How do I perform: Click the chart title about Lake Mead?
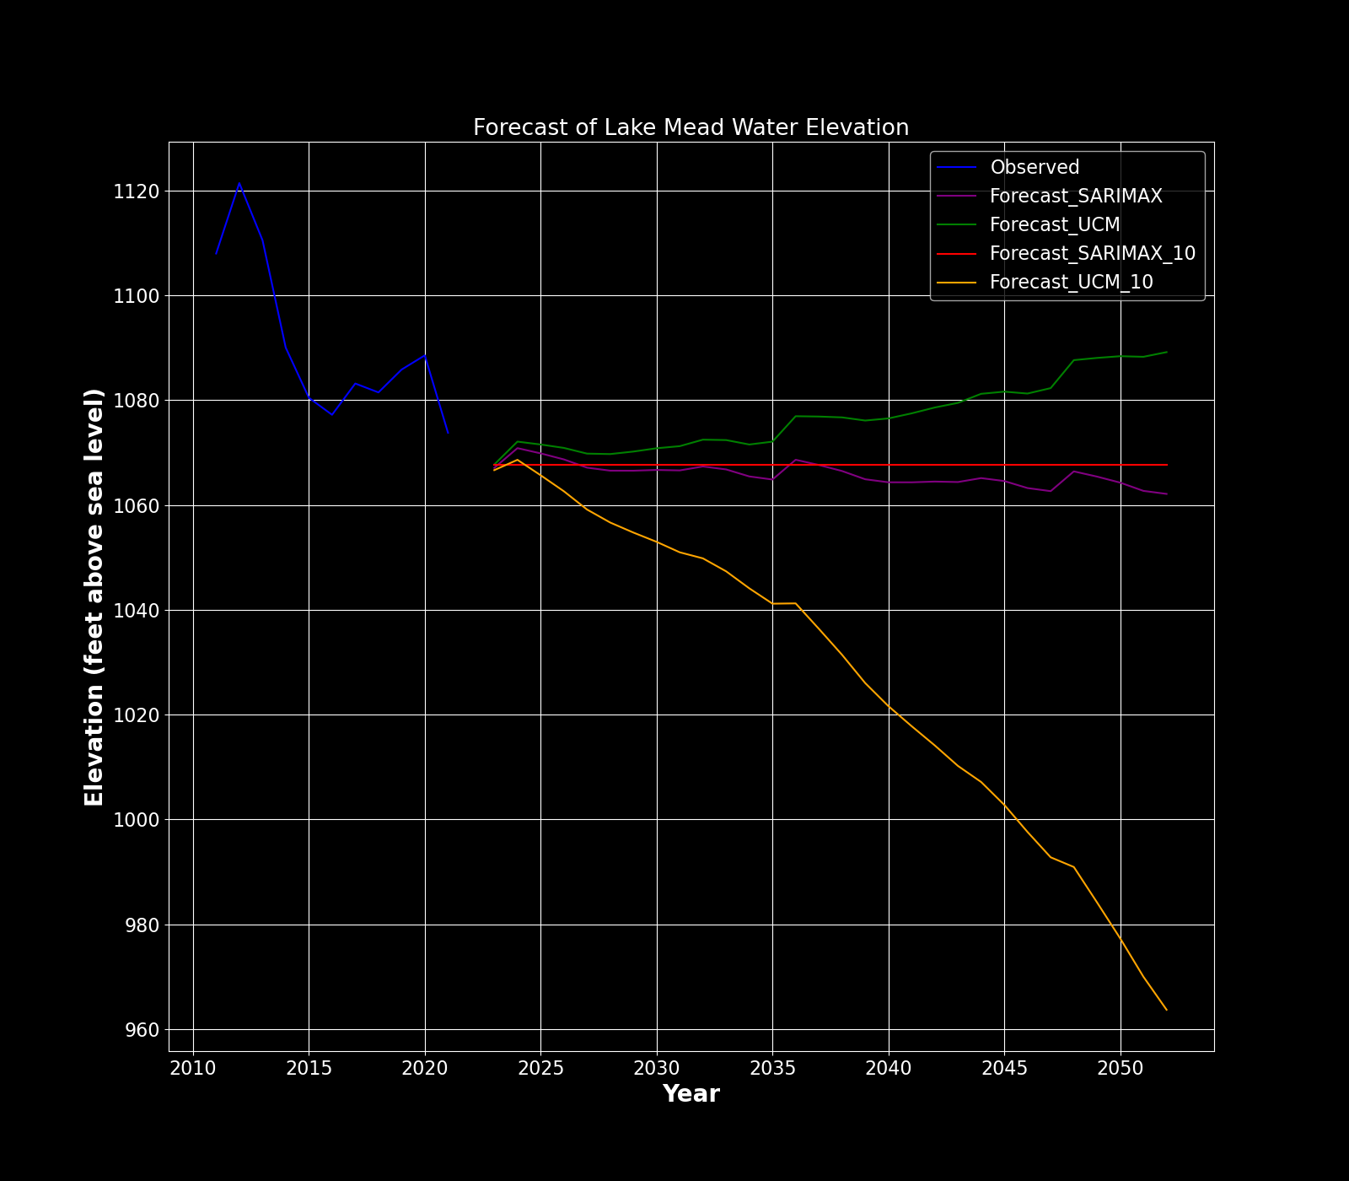pyautogui.click(x=691, y=128)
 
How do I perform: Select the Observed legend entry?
pyautogui.click(x=1034, y=168)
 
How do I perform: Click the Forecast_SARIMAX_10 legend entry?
pyautogui.click(x=1092, y=254)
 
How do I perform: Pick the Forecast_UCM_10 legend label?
pyautogui.click(x=1071, y=283)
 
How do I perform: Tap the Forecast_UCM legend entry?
pyautogui.click(x=1054, y=225)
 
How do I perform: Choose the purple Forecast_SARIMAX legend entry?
pyautogui.click(x=1075, y=197)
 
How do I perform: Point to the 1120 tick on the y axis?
pyautogui.click(x=137, y=191)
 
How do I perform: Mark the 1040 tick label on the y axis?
pyautogui.click(x=137, y=611)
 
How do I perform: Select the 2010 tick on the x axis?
pyautogui.click(x=193, y=1068)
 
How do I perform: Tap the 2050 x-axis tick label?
pyautogui.click(x=1120, y=1068)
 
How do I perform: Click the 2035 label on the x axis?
pyautogui.click(x=772, y=1068)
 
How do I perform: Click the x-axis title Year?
pyautogui.click(x=691, y=1094)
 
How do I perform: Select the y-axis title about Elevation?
pyautogui.click(x=94, y=597)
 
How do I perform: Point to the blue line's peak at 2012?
pyautogui.click(x=239, y=183)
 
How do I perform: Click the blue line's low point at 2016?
pyautogui.click(x=332, y=414)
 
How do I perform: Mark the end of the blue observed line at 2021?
pyautogui.click(x=448, y=433)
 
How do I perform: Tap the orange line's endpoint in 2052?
pyautogui.click(x=1166, y=1010)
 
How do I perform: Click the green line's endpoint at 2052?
pyautogui.click(x=1166, y=352)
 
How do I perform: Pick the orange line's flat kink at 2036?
pyautogui.click(x=795, y=603)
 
